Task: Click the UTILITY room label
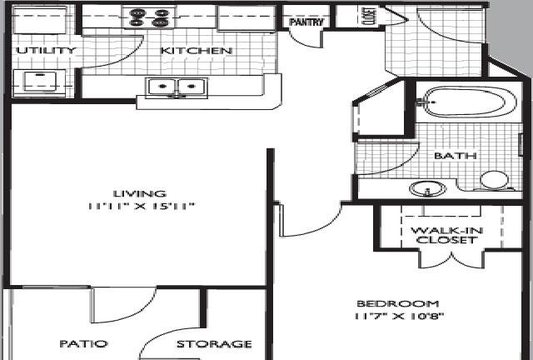coord(46,51)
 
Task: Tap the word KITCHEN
coord(197,51)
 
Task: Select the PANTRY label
coord(306,22)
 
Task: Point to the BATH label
coord(456,156)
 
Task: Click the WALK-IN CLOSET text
coord(446,235)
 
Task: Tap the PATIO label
coord(83,343)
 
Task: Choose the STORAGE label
coord(214,344)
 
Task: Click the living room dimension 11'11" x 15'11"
coord(141,206)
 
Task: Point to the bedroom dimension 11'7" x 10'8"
coord(399,317)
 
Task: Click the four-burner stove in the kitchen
coord(150,17)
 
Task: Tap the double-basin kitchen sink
coord(177,87)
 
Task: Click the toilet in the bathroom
coord(495,180)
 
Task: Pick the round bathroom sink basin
coord(428,188)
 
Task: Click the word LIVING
coord(140,193)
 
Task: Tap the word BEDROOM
coord(398,303)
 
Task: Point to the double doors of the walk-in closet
coord(451,260)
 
